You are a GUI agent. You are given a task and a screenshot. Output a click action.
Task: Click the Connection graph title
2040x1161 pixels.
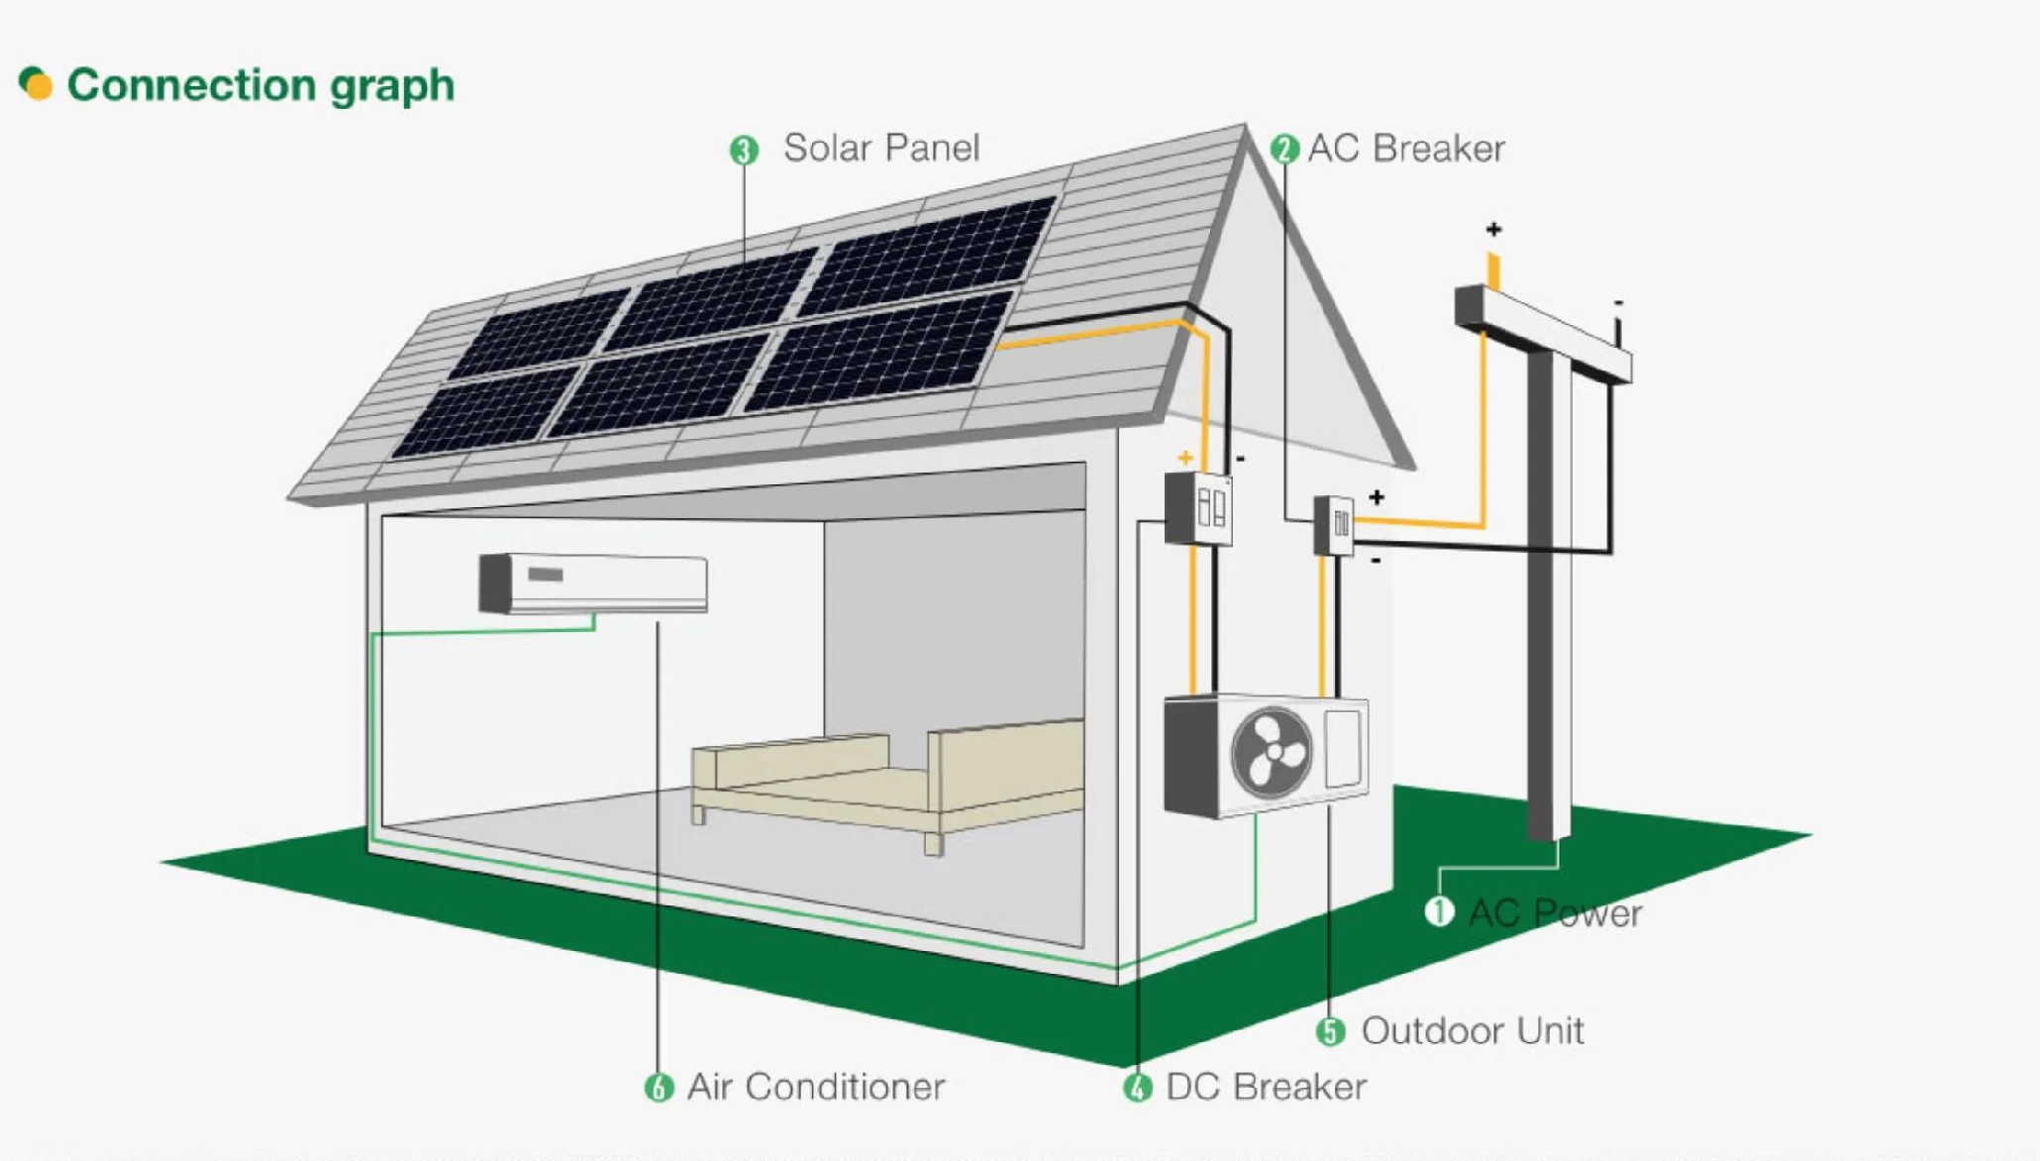[x=259, y=85]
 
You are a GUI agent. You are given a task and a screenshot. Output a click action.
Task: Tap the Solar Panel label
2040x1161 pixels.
[x=880, y=149]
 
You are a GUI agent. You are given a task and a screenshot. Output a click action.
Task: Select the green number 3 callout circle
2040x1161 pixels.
[x=744, y=151]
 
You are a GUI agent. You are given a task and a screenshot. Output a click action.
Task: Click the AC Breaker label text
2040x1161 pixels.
[x=1405, y=149]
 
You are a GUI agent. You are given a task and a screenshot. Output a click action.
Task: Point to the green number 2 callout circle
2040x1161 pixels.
[x=1284, y=150]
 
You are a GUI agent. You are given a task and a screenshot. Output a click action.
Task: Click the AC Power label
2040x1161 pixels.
[x=1555, y=913]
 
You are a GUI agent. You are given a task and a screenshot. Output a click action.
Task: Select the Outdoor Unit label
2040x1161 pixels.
[x=1472, y=1031]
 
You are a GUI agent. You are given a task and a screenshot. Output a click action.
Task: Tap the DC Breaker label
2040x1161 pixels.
[x=1266, y=1087]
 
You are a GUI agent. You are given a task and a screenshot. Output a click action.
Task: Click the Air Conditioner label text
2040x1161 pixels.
[x=816, y=1087]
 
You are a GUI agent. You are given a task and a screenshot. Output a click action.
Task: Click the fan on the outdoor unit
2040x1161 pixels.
[x=1272, y=753]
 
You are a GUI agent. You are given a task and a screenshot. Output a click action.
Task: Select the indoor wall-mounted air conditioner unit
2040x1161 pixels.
[x=593, y=582]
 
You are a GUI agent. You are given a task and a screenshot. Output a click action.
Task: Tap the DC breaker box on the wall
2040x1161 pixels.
[x=1198, y=509]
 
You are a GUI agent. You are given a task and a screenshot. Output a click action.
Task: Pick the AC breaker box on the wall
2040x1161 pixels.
[x=1334, y=525]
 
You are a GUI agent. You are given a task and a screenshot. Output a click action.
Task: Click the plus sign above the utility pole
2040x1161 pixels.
[x=1493, y=230]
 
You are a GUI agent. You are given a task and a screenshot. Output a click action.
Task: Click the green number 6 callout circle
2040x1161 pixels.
[x=659, y=1088]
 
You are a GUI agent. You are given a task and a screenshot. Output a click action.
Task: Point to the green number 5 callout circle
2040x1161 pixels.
[x=1330, y=1031]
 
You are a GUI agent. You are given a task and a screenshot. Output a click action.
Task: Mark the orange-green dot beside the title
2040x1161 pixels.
[x=36, y=83]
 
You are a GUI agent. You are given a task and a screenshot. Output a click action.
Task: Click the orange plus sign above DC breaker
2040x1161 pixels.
[x=1185, y=458]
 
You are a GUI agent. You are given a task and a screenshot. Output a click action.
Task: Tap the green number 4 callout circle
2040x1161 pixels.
[x=1138, y=1088]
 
